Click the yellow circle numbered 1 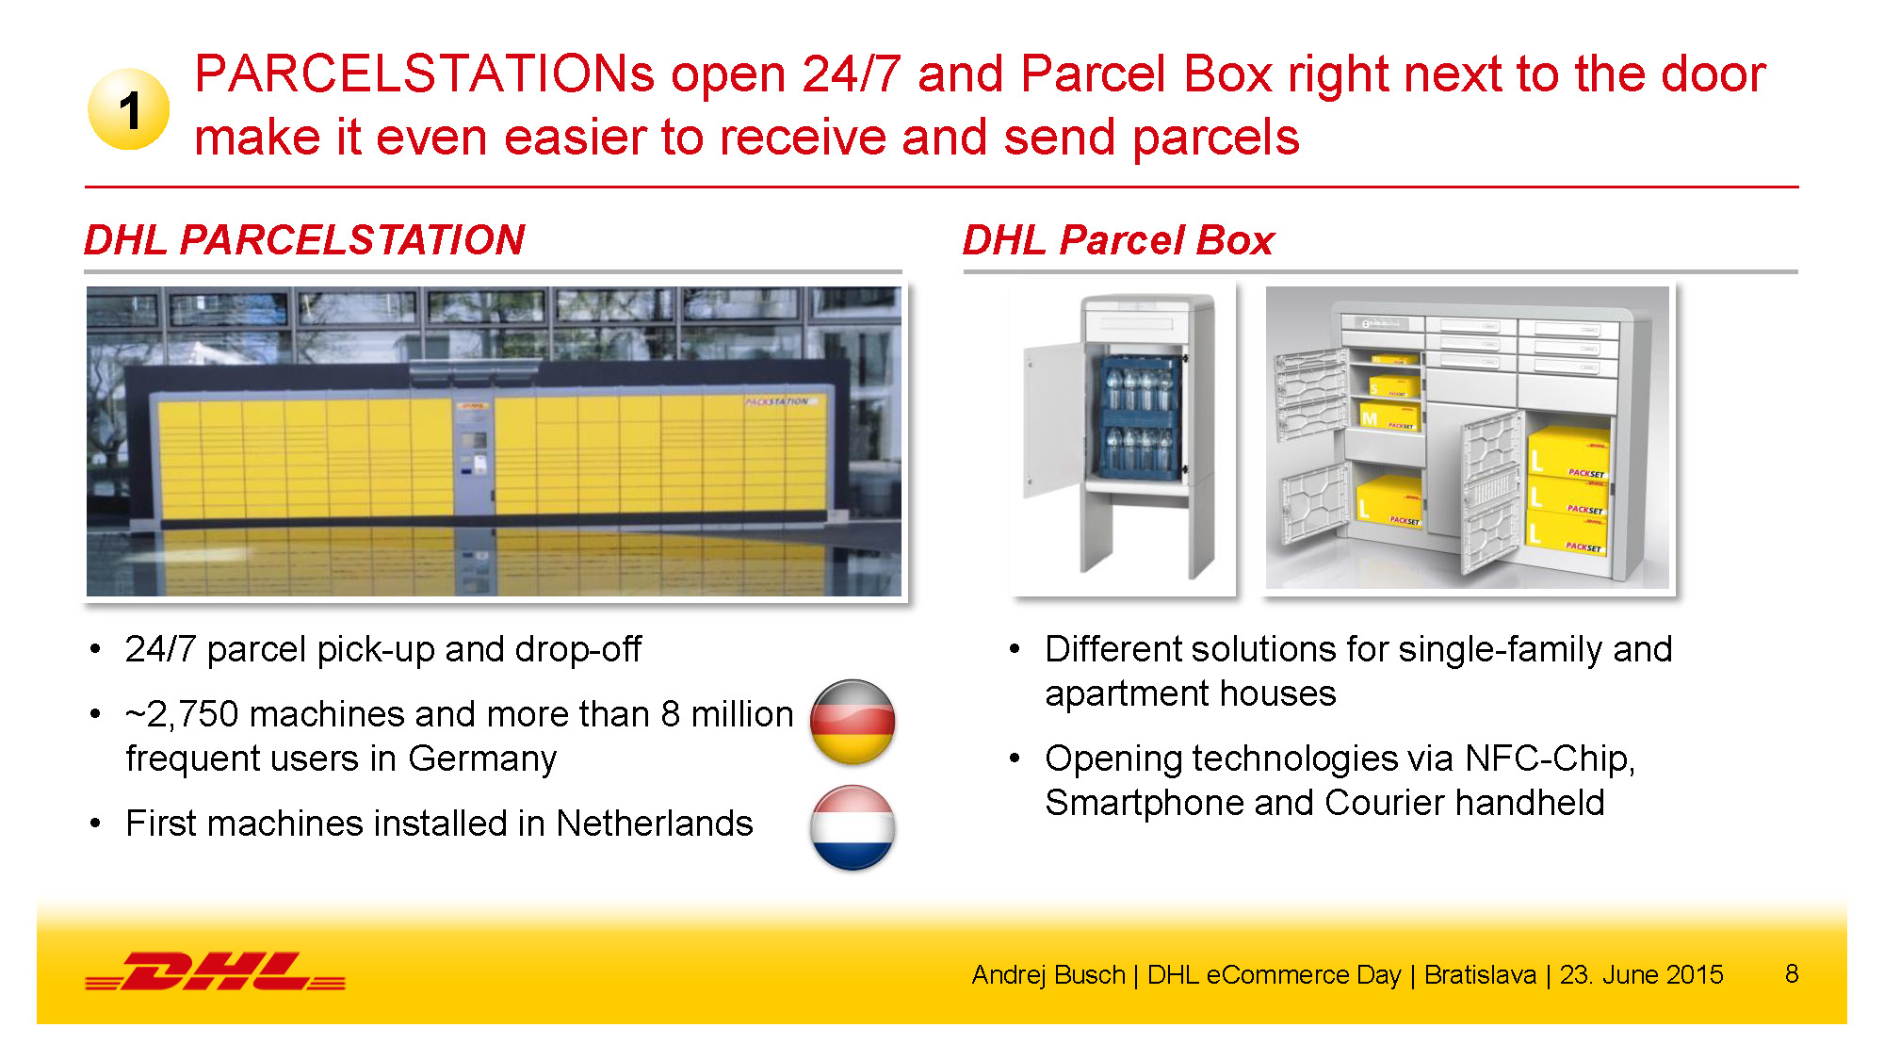click(x=129, y=109)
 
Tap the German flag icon click(x=853, y=722)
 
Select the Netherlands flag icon click(x=853, y=827)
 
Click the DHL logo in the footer click(x=216, y=971)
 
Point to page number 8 click(x=1792, y=973)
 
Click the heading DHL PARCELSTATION click(x=304, y=239)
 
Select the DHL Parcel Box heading click(x=1118, y=239)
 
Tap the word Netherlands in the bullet click(x=655, y=824)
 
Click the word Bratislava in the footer click(x=1480, y=974)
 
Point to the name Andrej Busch click(x=1048, y=974)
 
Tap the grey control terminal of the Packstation click(x=474, y=452)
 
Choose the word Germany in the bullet click(x=482, y=758)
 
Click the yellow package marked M click(x=1389, y=416)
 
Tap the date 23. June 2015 click(x=1641, y=974)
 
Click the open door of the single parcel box click(x=1055, y=419)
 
